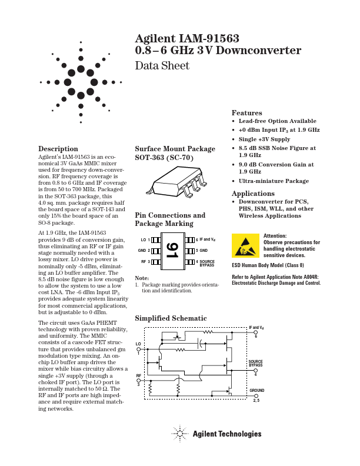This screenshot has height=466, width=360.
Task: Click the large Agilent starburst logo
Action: click(x=81, y=82)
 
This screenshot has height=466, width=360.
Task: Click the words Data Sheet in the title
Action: click(x=162, y=66)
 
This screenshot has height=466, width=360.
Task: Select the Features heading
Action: click(x=246, y=113)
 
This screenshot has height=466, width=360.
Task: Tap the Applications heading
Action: click(x=253, y=194)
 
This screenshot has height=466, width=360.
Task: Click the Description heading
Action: click(x=58, y=149)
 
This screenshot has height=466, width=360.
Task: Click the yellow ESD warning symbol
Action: click(x=245, y=245)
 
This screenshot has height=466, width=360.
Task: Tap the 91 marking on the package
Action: click(x=171, y=251)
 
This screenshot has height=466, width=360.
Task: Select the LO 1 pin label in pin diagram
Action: click(x=145, y=240)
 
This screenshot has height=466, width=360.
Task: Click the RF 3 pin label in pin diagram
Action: click(x=145, y=261)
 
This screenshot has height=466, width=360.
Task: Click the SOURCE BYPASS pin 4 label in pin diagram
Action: click(x=206, y=263)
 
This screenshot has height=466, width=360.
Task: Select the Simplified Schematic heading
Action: click(x=171, y=318)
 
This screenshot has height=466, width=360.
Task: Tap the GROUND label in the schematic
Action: click(x=256, y=391)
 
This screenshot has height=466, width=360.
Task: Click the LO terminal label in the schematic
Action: click(x=139, y=343)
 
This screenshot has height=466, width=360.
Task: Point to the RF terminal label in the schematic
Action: click(x=139, y=375)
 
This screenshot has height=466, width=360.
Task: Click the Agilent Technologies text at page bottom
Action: click(x=226, y=434)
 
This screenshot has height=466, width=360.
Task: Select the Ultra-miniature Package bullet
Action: click(x=274, y=181)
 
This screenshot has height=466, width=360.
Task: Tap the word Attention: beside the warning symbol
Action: click(x=275, y=235)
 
